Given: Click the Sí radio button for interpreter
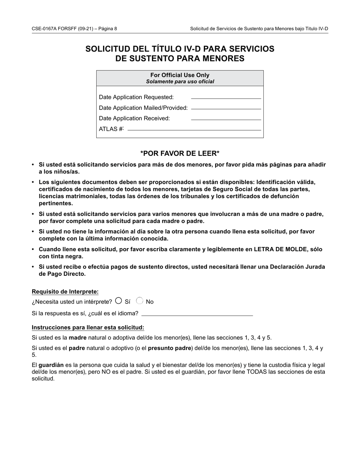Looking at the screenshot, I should click(118, 301).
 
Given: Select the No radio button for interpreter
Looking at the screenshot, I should click(139, 301).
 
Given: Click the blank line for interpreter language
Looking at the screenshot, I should click(197, 314).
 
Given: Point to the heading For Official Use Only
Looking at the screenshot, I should click(180, 75).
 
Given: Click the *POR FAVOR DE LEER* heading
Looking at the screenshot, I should click(180, 153).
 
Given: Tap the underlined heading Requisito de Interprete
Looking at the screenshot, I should click(65, 292).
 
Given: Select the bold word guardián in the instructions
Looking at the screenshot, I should click(51, 365).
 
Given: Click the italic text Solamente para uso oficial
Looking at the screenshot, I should click(180, 81).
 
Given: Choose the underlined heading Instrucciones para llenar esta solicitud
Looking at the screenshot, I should click(88, 328).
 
